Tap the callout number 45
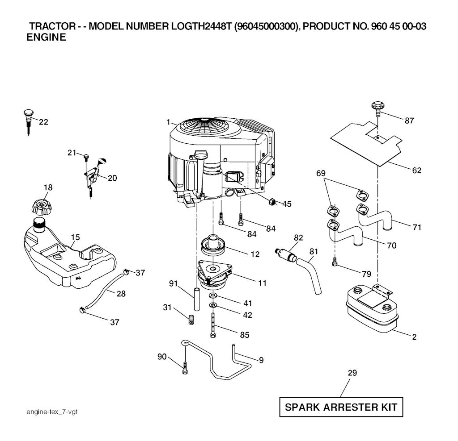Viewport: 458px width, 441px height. (287, 204)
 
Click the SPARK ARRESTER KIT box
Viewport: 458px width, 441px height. (341, 407)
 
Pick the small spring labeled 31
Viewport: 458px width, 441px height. (191, 320)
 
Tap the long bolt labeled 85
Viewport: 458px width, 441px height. (213, 325)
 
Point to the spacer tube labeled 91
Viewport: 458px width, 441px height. (197, 300)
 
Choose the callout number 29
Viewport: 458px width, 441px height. (352, 373)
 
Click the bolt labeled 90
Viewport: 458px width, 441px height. (185, 368)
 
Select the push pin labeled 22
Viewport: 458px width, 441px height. (28, 122)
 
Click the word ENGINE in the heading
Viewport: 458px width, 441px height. (46, 37)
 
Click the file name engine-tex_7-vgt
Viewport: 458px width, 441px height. (52, 412)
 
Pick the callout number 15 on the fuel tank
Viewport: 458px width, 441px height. (75, 237)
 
